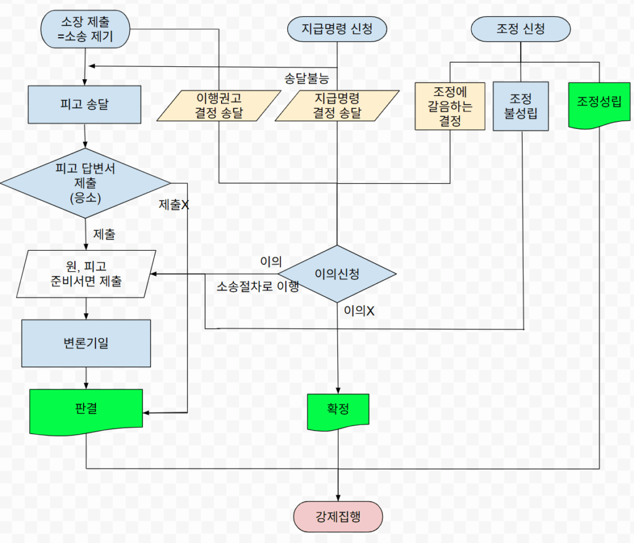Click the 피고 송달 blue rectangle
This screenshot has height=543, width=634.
click(x=85, y=103)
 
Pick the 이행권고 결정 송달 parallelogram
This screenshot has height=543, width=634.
click(x=219, y=105)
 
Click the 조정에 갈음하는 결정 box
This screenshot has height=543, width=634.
click(x=450, y=106)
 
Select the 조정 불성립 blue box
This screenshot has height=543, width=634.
click(x=521, y=106)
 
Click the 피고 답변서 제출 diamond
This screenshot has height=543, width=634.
click(x=85, y=183)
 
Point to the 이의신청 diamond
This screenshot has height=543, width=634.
click(x=337, y=274)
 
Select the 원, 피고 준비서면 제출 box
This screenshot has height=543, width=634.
click(x=86, y=274)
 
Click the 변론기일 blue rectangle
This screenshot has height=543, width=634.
click(x=86, y=342)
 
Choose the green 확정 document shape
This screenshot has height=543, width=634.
click(x=338, y=411)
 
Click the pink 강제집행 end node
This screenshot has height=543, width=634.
click(x=338, y=516)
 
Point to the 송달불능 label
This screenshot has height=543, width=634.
click(x=306, y=78)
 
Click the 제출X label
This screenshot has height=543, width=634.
click(x=174, y=205)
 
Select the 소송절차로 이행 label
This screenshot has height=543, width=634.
click(x=258, y=287)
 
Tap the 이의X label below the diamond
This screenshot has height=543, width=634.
click(x=360, y=311)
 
